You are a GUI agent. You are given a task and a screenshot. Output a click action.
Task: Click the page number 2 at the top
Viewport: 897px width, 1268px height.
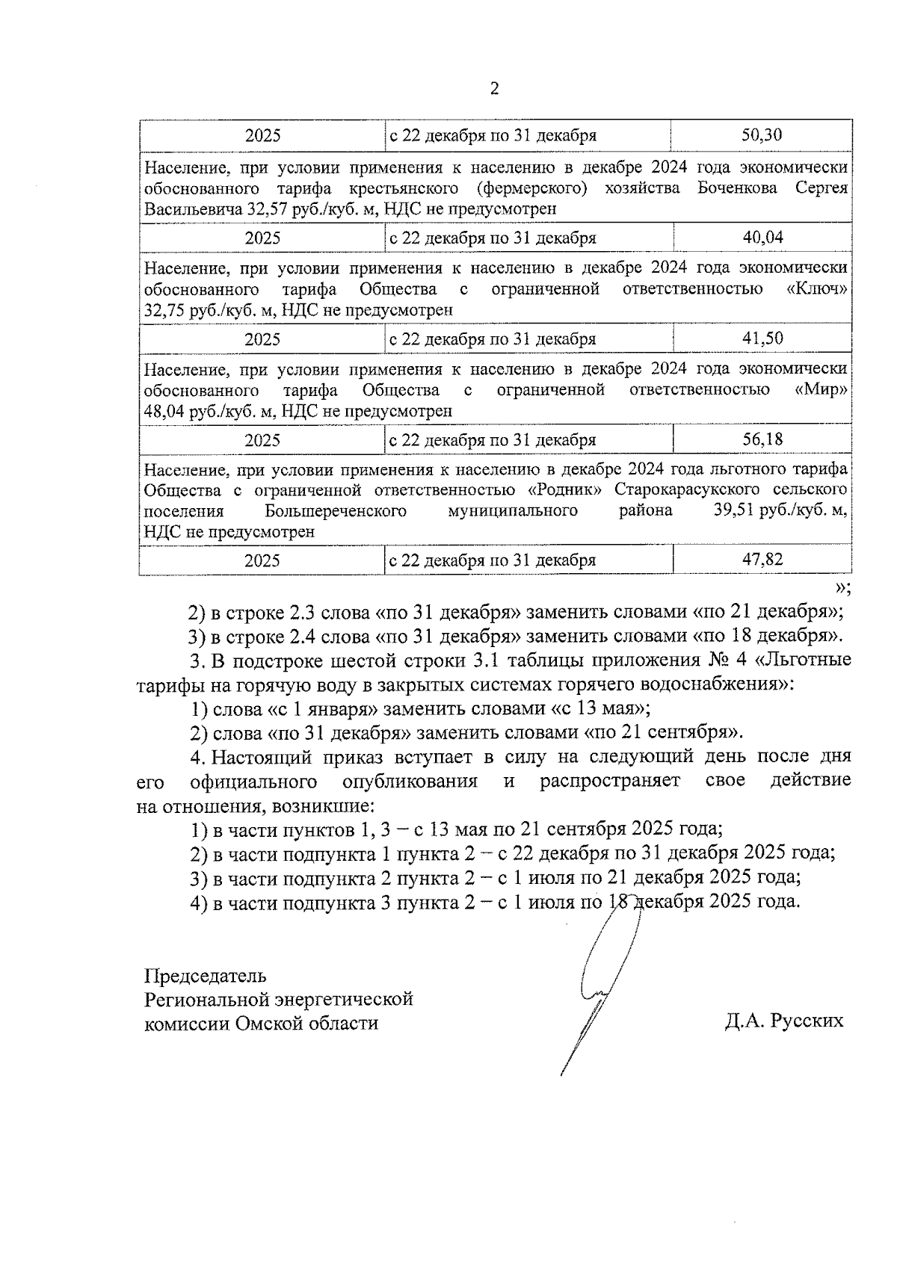493,89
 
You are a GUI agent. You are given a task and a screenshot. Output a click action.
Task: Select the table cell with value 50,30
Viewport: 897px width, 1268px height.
762,135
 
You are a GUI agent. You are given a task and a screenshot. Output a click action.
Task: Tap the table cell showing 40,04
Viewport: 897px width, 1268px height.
762,238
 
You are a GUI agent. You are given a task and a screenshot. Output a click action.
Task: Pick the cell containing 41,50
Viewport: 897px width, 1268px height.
762,338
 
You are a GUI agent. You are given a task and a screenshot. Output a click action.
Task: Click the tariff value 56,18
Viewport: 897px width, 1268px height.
762,439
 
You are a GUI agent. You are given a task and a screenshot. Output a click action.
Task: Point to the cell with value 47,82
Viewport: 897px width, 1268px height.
762,560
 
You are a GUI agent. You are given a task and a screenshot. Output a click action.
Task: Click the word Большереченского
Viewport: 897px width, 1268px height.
335,511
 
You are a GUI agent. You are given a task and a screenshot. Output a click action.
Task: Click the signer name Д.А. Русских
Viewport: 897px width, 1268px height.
783,1021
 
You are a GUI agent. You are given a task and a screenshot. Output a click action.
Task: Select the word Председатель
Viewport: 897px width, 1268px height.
205,977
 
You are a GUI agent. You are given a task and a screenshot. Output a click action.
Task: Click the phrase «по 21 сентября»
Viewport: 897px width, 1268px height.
661,732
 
